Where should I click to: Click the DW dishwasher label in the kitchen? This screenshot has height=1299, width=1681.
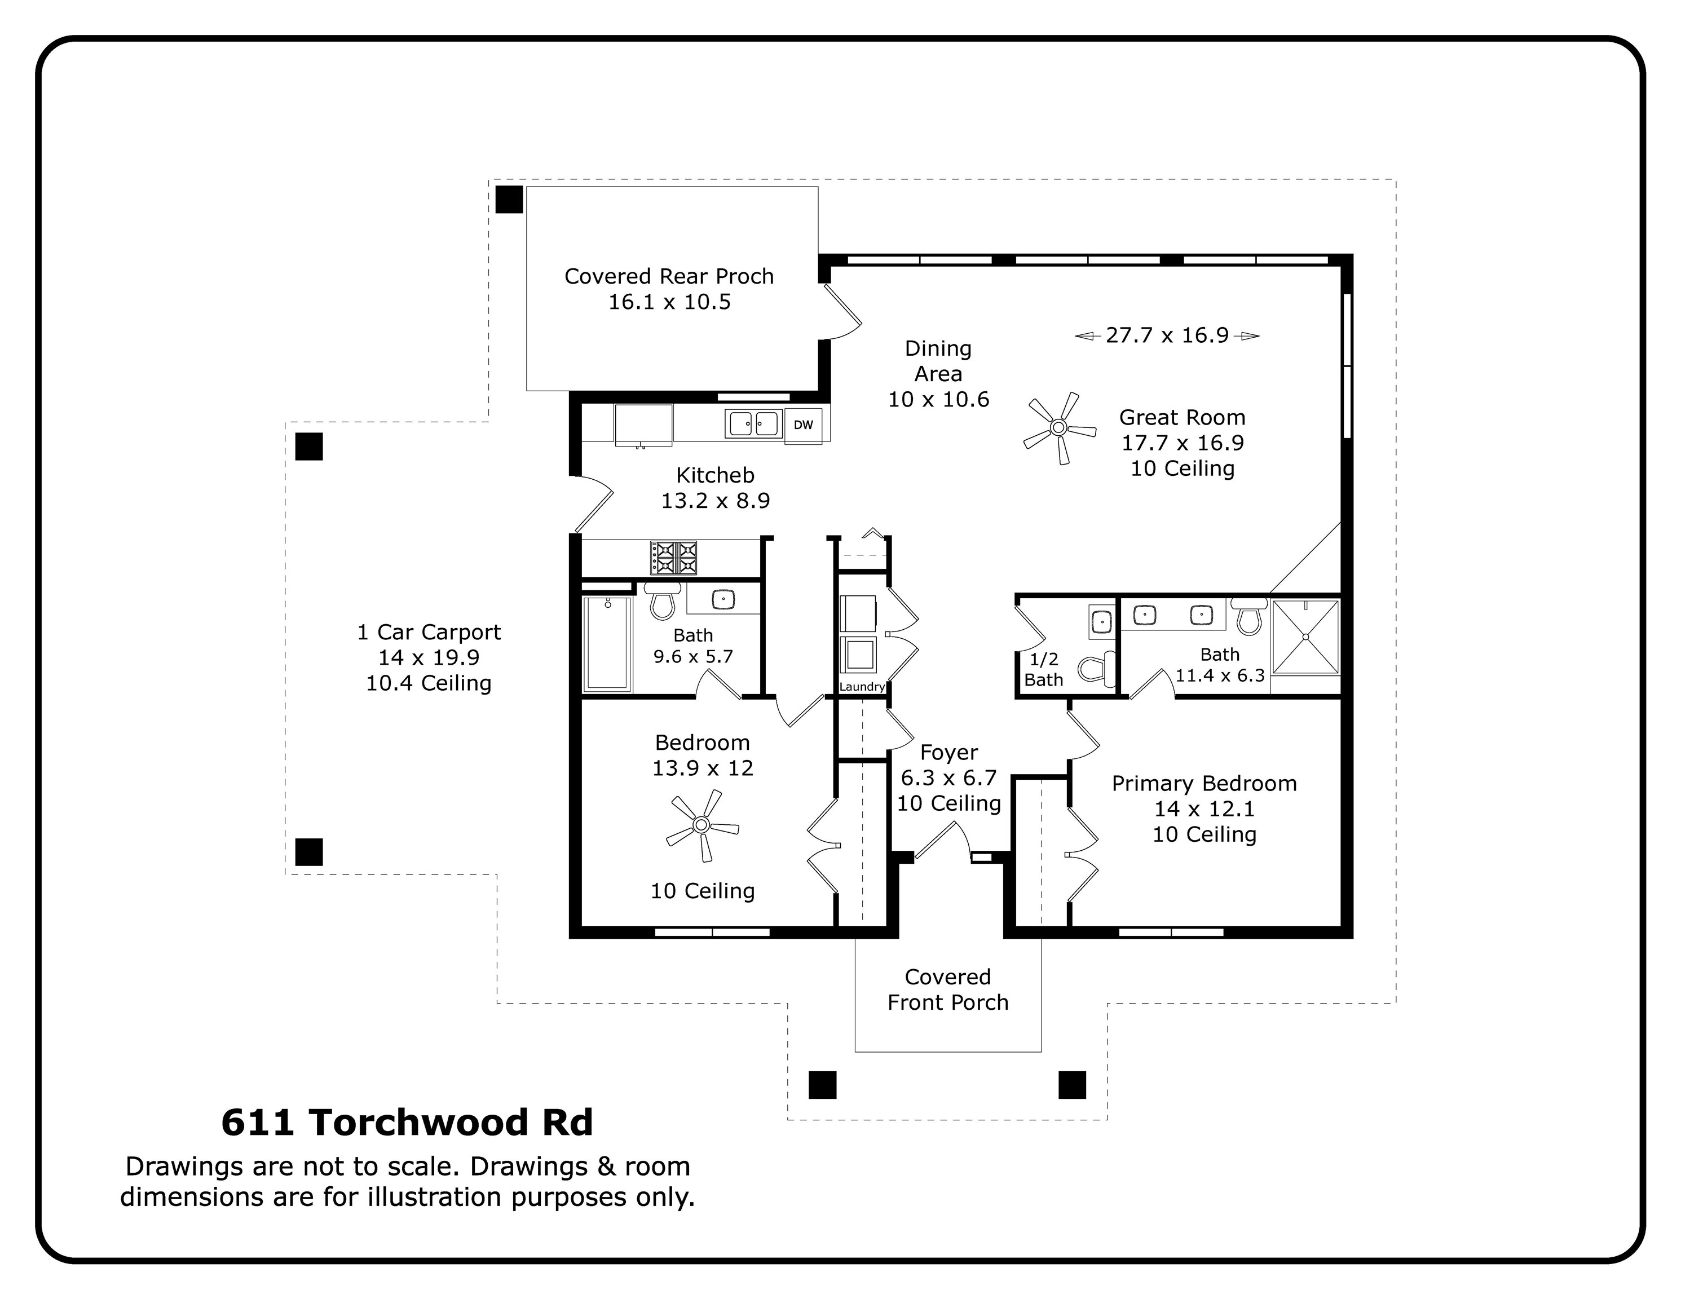(x=803, y=425)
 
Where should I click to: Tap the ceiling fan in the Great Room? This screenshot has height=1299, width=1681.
(x=1059, y=428)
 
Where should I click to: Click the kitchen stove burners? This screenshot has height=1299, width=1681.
(x=673, y=557)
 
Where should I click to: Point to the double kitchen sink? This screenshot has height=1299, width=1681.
(x=753, y=423)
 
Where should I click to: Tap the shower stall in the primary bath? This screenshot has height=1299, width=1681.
(x=1305, y=637)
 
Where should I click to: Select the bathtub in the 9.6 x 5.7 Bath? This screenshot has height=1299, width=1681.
(x=607, y=643)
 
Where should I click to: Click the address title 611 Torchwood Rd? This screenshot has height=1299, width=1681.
(x=407, y=1122)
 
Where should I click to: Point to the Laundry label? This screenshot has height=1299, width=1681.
(x=862, y=687)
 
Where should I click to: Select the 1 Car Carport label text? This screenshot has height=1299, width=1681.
(x=429, y=632)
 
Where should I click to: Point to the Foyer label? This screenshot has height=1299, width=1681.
(x=949, y=752)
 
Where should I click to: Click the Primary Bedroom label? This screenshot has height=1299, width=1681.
(x=1205, y=783)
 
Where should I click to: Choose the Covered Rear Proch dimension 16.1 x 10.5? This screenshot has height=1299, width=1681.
(x=669, y=302)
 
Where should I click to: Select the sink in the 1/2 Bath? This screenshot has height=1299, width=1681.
(x=1101, y=621)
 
